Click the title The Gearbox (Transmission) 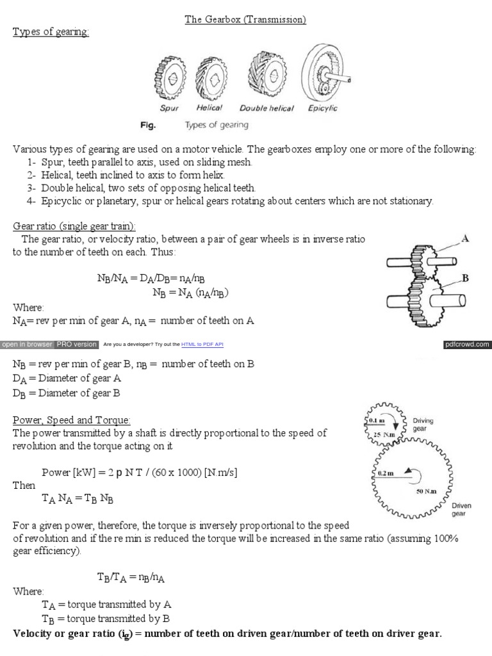click(x=245, y=20)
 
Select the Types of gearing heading click(x=51, y=32)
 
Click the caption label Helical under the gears click(x=209, y=108)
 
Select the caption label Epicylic click(x=322, y=108)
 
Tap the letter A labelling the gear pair click(x=465, y=238)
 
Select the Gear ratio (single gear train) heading click(x=75, y=226)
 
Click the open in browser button click(x=27, y=344)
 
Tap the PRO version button click(x=76, y=344)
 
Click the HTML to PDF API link click(x=202, y=345)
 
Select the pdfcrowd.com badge click(x=467, y=344)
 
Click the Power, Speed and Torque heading click(x=72, y=420)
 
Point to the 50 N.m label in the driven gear click(x=426, y=491)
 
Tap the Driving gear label click(x=423, y=425)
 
